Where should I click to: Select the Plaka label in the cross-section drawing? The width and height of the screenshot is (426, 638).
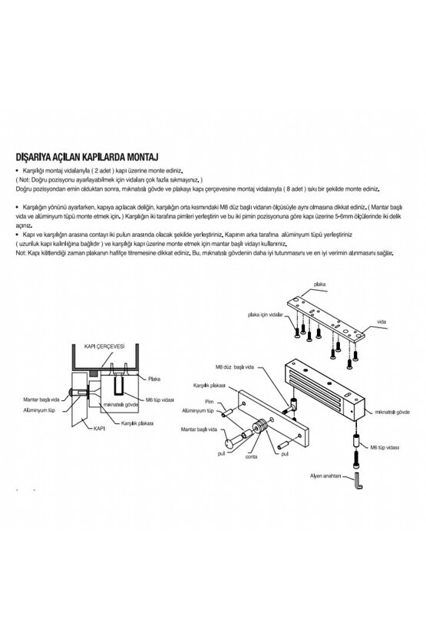pyautogui.click(x=154, y=378)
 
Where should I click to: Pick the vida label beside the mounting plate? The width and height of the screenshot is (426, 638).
pyautogui.click(x=381, y=322)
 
